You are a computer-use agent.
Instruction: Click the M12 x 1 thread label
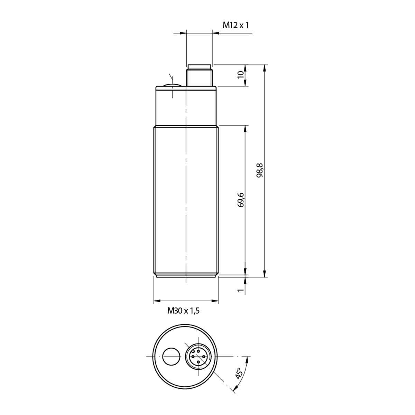point(236,25)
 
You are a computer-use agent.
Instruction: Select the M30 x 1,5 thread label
point(184,311)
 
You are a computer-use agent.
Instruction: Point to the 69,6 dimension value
point(241,200)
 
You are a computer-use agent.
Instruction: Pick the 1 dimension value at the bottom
point(241,290)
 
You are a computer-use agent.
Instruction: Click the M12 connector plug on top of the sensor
point(199,75)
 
